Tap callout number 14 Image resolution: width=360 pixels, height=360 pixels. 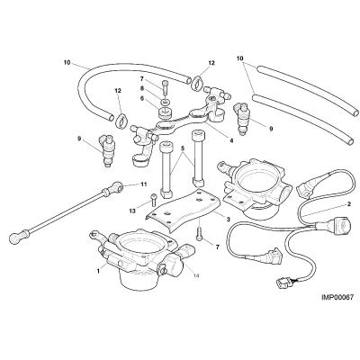196,275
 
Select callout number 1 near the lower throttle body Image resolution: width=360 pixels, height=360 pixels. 98,271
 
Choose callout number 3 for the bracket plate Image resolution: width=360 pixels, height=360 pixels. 228,220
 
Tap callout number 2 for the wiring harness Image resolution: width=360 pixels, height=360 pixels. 349,204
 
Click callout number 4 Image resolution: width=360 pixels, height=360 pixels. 231,139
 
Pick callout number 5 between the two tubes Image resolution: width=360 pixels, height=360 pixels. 182,148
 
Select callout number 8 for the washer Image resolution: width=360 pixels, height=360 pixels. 142,88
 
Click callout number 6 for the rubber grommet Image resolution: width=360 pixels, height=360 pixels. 142,97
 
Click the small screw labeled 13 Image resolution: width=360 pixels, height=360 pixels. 154,199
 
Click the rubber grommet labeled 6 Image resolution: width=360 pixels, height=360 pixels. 166,113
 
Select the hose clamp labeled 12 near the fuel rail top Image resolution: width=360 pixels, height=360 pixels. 196,82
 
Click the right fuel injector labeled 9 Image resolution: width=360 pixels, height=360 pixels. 242,118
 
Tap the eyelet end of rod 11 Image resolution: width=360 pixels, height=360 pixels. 118,187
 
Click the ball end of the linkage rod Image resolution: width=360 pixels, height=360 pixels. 15,238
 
